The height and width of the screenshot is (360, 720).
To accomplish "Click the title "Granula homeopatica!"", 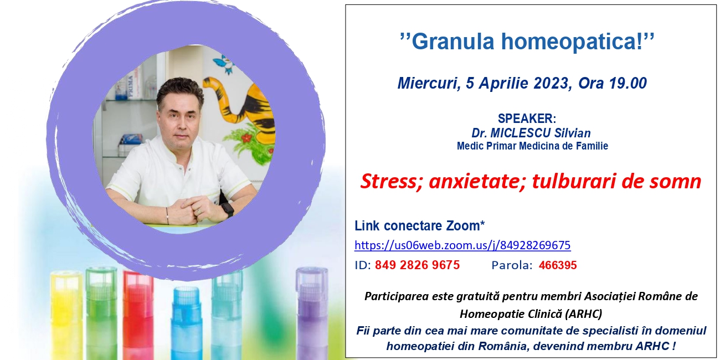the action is [527, 42].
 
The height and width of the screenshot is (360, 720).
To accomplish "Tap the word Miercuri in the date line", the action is [427, 83].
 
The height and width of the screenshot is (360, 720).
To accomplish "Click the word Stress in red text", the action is [391, 181].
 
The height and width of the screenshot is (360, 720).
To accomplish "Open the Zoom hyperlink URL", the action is [462, 245].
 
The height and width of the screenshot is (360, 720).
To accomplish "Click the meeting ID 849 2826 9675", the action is [417, 265].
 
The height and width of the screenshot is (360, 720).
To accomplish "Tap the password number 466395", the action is [558, 265].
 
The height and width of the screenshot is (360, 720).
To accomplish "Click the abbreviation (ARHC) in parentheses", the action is [584, 313].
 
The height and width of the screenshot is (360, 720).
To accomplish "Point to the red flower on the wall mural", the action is [246, 138].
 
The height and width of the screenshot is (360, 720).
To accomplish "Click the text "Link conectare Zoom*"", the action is [419, 226].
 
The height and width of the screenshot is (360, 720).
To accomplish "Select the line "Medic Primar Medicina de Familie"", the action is [532, 146].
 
